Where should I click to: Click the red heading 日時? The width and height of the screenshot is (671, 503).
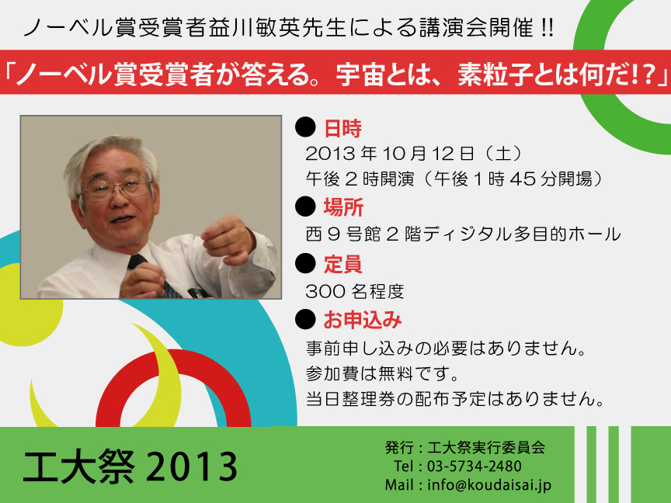[342, 129]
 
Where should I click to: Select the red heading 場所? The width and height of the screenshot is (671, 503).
[343, 207]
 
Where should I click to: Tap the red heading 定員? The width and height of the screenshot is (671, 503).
[342, 264]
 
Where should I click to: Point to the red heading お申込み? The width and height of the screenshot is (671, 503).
[363, 320]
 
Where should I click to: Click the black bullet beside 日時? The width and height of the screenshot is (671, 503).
[305, 127]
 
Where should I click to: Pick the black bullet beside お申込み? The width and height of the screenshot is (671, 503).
[305, 319]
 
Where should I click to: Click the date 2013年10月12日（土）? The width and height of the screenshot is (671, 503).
[413, 154]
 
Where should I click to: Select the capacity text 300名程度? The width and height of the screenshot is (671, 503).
[355, 292]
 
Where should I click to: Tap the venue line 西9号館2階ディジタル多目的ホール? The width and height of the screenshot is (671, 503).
[463, 234]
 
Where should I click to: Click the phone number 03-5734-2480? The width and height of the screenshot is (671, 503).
[475, 467]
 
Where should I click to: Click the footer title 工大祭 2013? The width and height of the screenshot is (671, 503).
[130, 467]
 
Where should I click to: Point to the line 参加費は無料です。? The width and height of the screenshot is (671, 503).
[383, 374]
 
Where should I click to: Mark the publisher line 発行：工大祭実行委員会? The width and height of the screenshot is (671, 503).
[465, 447]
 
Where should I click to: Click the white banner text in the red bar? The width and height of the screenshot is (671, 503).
[335, 73]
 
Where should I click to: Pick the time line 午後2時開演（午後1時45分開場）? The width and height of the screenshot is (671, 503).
[454, 179]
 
